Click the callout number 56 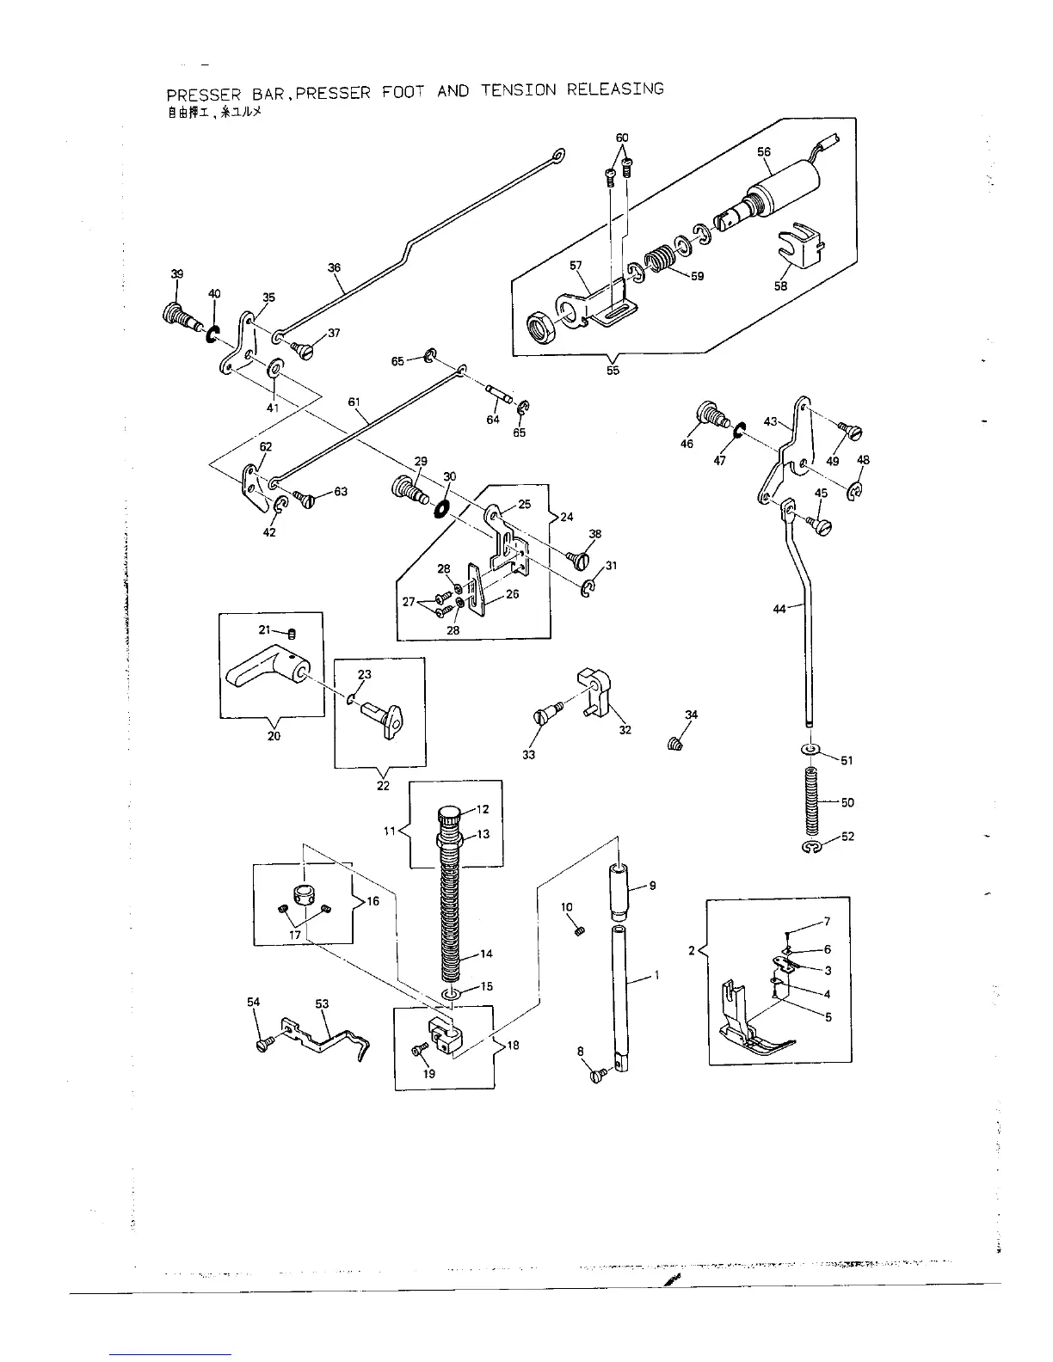pyautogui.click(x=764, y=152)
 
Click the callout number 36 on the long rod pyautogui.click(x=335, y=267)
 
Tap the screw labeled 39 pyautogui.click(x=179, y=312)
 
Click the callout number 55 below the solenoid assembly pyautogui.click(x=613, y=371)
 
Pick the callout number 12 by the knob pyautogui.click(x=483, y=809)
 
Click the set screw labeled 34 pyautogui.click(x=674, y=744)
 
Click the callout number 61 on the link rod pyautogui.click(x=354, y=402)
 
